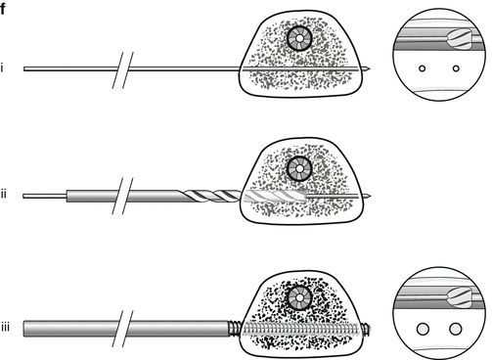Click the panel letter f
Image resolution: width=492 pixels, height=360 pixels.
(3, 9)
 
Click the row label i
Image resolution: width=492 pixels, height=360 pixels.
(2, 68)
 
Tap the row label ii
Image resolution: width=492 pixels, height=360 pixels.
(4, 195)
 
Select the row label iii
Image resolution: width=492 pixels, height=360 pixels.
(5, 327)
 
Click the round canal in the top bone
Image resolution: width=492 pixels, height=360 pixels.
(299, 38)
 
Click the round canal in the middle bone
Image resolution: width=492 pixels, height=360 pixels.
(299, 169)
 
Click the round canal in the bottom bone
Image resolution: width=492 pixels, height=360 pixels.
(299, 297)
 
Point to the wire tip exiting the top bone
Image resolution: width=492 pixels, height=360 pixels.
(368, 68)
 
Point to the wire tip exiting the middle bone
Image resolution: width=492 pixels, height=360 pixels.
(368, 196)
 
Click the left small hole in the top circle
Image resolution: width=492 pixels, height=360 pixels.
(423, 68)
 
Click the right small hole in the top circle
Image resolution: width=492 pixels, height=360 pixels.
(456, 68)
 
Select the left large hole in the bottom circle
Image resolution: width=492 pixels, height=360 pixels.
(423, 329)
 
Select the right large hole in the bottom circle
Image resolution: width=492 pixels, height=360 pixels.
(456, 329)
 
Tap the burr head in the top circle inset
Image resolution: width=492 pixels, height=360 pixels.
(460, 38)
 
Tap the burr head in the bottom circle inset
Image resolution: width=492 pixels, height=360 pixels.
(460, 297)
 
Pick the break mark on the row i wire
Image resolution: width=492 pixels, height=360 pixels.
(123, 70)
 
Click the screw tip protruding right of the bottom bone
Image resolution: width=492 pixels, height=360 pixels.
(367, 329)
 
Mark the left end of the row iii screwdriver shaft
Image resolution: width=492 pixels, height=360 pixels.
(23, 329)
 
